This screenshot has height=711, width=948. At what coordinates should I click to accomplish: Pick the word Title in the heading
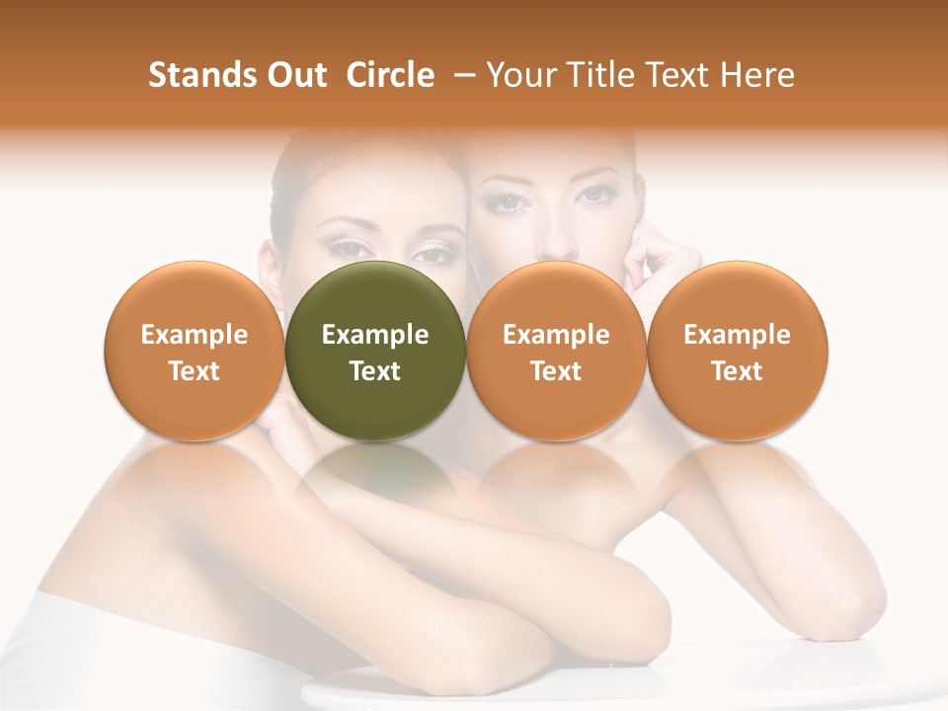[603, 75]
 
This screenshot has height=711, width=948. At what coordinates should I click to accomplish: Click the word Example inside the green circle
[375, 335]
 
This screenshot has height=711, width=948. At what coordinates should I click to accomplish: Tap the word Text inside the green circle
[375, 371]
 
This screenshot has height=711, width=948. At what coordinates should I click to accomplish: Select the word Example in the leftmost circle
[195, 335]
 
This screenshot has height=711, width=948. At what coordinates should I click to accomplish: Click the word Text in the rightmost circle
[737, 371]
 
